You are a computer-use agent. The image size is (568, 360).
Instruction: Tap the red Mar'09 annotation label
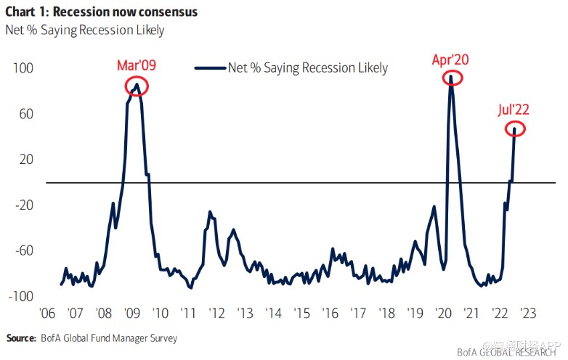pos(137,66)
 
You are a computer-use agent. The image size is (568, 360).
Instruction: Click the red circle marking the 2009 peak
pos(136,86)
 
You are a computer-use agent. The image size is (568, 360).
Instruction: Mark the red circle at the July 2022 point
pos(514,129)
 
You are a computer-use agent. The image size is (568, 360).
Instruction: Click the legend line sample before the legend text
pos(210,68)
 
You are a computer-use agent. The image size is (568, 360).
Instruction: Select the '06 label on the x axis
pos(46,314)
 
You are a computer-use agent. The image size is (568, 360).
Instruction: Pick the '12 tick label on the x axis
pos(216,314)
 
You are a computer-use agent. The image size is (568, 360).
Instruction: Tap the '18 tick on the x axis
pos(386,314)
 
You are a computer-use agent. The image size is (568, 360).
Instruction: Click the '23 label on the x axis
pos(527,314)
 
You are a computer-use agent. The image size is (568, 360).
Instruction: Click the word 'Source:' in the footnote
pos(21,338)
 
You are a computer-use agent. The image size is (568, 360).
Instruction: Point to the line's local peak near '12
pos(210,212)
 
